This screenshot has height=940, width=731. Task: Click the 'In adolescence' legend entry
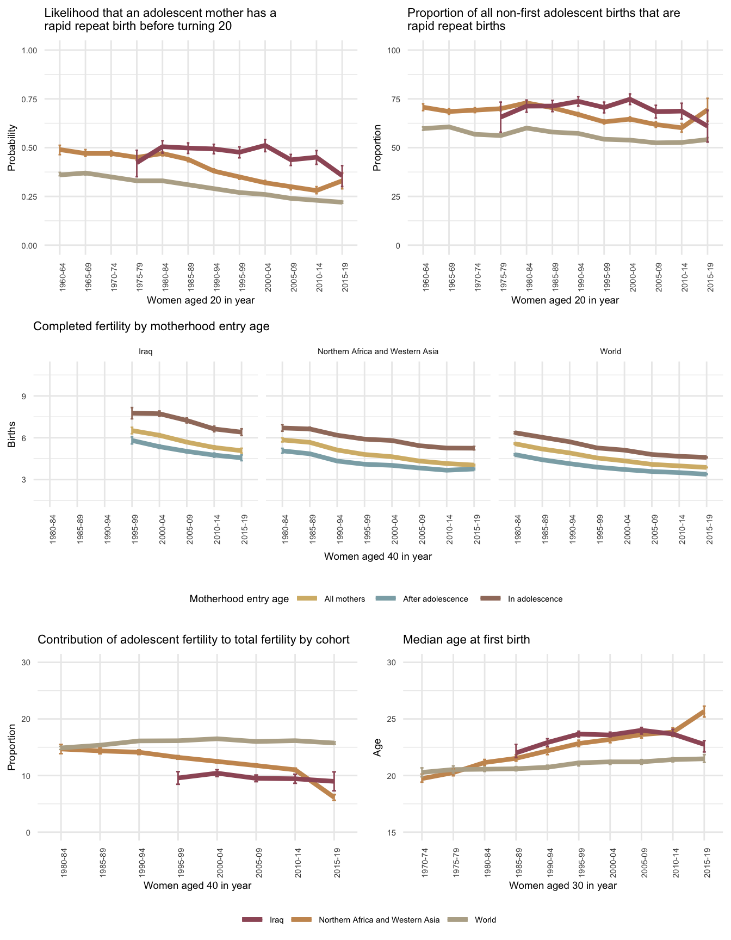coord(535,599)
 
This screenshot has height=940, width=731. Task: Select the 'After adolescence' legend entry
coord(435,599)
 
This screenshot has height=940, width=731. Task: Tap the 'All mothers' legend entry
coord(344,599)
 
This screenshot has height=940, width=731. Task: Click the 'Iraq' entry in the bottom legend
coord(276,920)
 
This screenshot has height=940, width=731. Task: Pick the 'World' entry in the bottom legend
coord(485,920)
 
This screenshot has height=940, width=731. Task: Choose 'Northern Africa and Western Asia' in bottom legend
coord(379,920)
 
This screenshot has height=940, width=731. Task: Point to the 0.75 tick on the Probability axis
coord(29,99)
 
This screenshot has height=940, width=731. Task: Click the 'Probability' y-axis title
coord(12,148)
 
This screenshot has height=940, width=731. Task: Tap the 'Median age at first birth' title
coord(466,640)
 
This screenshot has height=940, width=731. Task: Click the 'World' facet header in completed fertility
coord(610,351)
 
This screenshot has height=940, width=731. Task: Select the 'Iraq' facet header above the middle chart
coord(146,351)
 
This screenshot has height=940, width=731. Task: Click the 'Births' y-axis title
coord(12,437)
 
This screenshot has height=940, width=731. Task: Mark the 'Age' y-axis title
coord(377,747)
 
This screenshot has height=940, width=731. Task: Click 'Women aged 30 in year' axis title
coord(563,885)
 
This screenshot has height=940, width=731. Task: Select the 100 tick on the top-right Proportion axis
coord(394,51)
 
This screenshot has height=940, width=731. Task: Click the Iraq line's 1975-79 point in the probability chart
coord(137,162)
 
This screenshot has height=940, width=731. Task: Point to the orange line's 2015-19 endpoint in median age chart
coord(704,711)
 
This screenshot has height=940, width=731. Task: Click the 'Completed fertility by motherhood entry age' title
coord(151,326)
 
